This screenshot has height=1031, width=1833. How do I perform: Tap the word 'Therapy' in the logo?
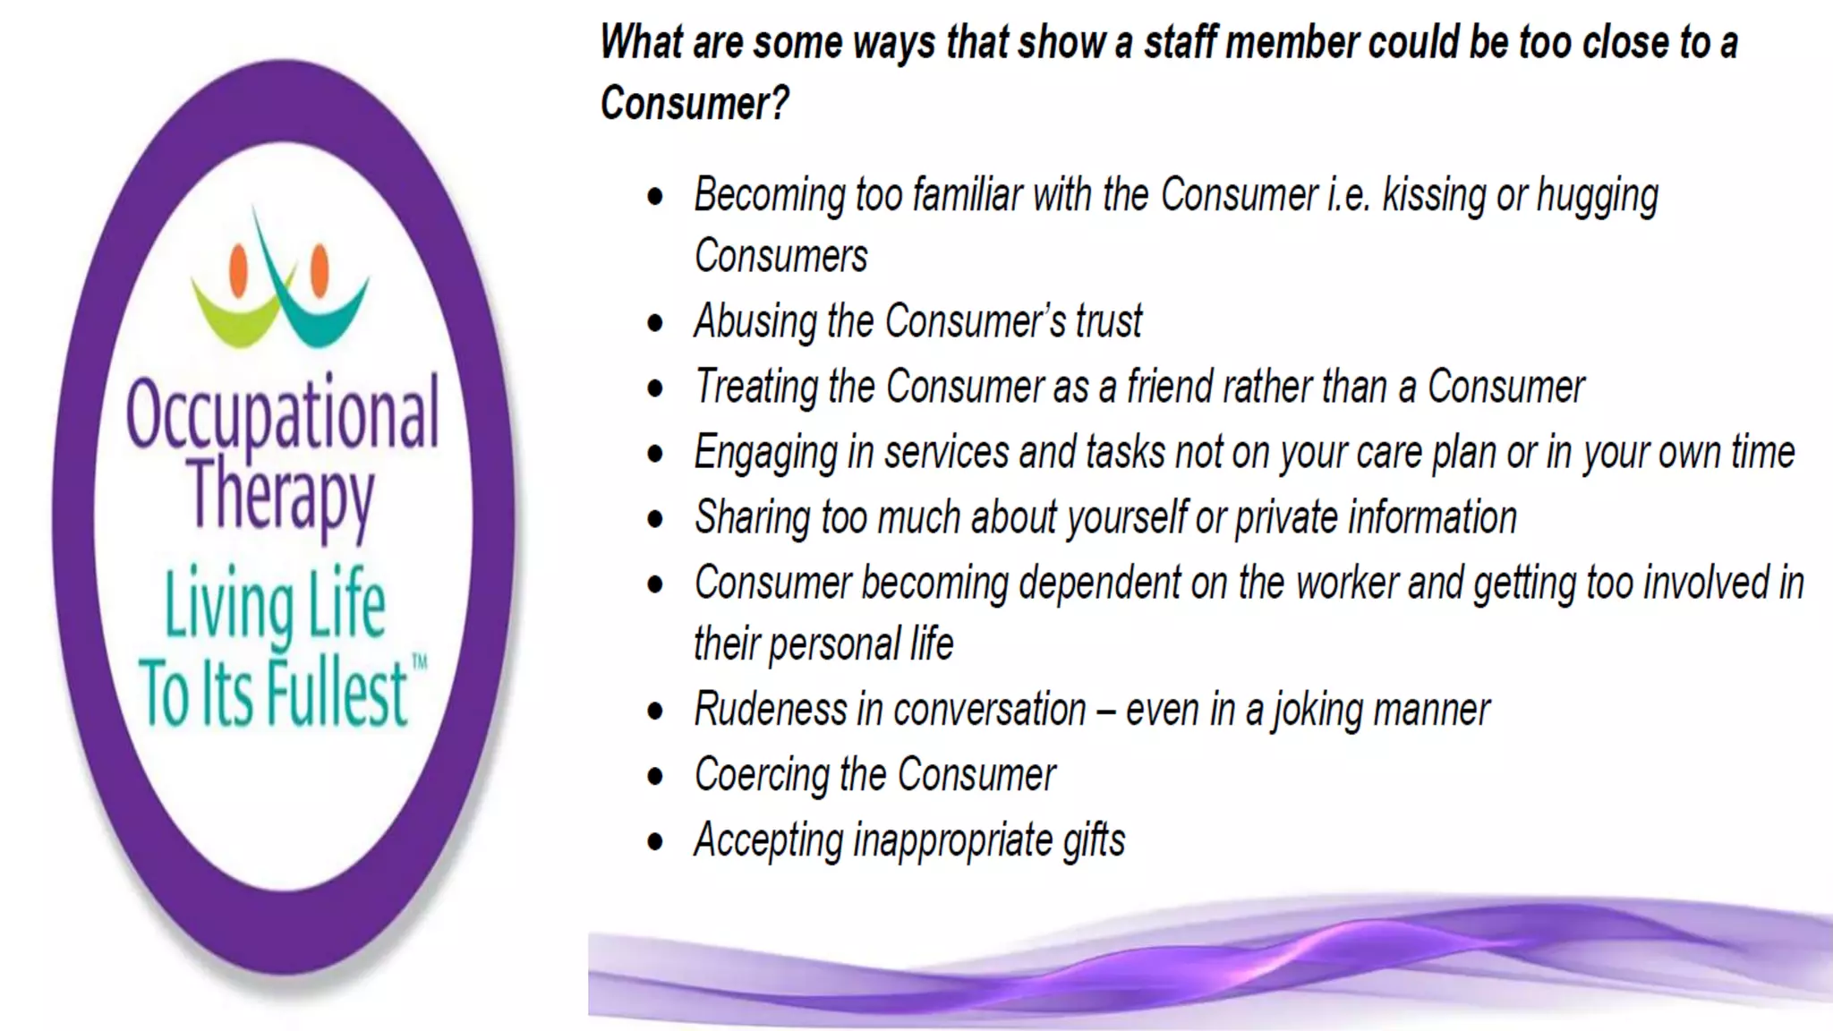tap(281, 495)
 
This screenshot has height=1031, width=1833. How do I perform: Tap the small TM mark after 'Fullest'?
tap(419, 663)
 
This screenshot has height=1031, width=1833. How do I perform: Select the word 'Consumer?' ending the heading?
tap(695, 103)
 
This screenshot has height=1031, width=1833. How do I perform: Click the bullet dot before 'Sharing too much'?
tap(656, 519)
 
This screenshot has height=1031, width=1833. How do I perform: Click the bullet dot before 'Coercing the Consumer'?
tap(656, 776)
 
